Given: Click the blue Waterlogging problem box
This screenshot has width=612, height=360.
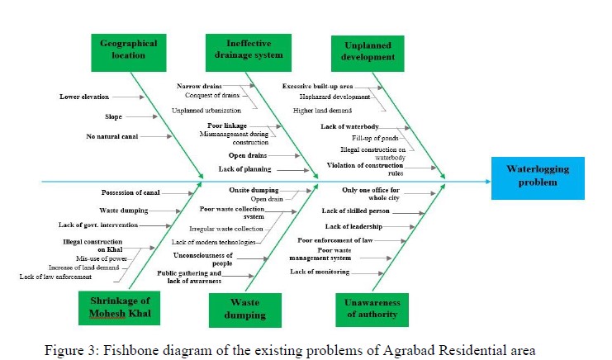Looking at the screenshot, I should (x=538, y=177).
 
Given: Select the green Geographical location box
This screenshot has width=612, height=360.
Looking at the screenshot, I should (x=128, y=50).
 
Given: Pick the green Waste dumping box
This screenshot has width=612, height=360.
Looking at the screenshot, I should (x=246, y=308).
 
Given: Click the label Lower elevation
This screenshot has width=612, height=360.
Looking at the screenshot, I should (x=84, y=97).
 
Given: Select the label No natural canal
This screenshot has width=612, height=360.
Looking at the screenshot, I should (x=112, y=136).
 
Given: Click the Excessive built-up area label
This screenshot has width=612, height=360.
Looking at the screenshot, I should (x=318, y=86).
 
